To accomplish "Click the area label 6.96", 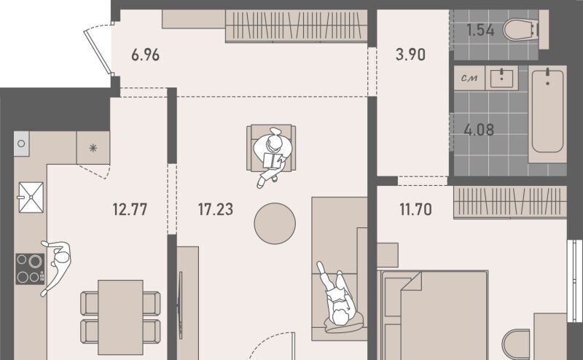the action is point(145,55).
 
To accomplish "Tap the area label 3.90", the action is point(410,55).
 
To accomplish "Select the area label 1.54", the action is point(480,30).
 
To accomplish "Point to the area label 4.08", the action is point(479,130).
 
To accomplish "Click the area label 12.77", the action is point(130,209).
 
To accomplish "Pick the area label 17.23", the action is point(216,209).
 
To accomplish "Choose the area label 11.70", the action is point(415,209).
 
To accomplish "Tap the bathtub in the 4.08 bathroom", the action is point(547,114).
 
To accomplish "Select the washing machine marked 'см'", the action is point(469,78).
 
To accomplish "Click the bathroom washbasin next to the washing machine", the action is point(501,78).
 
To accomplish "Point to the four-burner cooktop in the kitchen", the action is point(30,269).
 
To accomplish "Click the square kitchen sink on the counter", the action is point(31,197).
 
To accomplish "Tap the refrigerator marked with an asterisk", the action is point(93,148).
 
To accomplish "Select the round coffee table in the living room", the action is point(275,224).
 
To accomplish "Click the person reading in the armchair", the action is point(273,156).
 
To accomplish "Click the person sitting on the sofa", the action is point(337,297).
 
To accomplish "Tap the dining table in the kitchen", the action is point(120,317).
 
